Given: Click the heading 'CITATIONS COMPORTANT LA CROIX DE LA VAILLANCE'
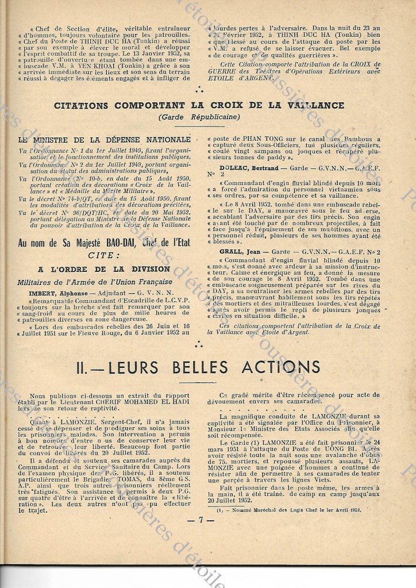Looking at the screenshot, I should tap(207, 106).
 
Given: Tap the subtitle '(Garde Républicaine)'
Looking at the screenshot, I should tap(207, 117).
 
